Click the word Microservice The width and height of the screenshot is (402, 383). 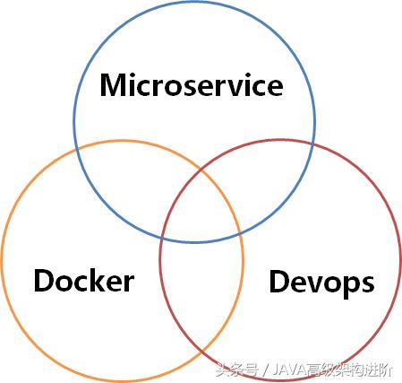[x=192, y=84]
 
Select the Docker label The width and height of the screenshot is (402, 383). [x=84, y=280]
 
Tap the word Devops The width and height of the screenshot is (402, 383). [x=321, y=283]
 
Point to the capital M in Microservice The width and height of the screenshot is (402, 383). [x=114, y=85]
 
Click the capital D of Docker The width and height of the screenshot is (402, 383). [x=44, y=280]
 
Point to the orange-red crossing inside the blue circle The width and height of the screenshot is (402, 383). [x=201, y=170]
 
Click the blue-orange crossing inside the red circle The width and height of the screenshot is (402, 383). [x=240, y=233]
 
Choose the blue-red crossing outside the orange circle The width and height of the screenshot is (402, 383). [x=313, y=144]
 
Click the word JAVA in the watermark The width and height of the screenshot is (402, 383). [x=290, y=370]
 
